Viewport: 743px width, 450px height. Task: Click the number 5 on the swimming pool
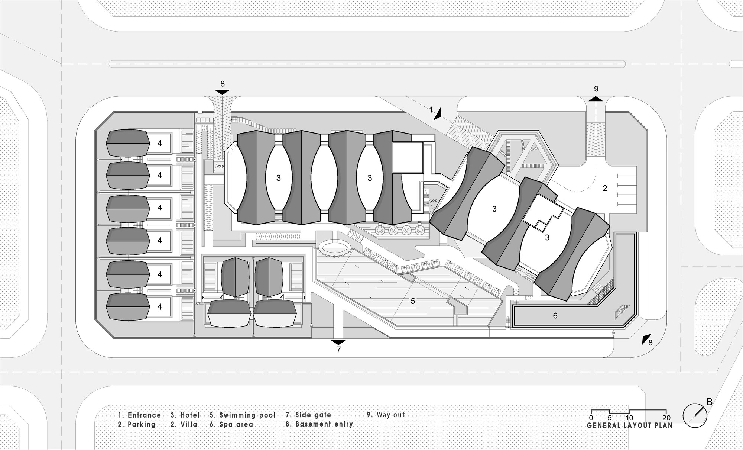point(413,301)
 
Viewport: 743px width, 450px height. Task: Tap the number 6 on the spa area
point(555,316)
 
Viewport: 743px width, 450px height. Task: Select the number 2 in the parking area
point(605,189)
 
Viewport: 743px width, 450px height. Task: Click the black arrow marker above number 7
point(338,342)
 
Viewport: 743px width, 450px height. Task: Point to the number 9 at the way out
point(596,89)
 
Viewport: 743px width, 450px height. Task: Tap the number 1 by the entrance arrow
point(431,110)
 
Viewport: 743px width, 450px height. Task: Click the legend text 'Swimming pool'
point(247,415)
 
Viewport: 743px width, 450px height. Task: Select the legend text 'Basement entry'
point(324,424)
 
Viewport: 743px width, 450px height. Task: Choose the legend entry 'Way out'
point(390,415)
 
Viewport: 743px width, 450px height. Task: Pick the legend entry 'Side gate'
point(313,415)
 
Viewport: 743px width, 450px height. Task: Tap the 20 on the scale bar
point(666,418)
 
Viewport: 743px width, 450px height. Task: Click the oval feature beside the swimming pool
point(335,247)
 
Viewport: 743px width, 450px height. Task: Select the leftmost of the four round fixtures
point(380,231)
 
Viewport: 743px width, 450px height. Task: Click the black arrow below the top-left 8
point(222,92)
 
